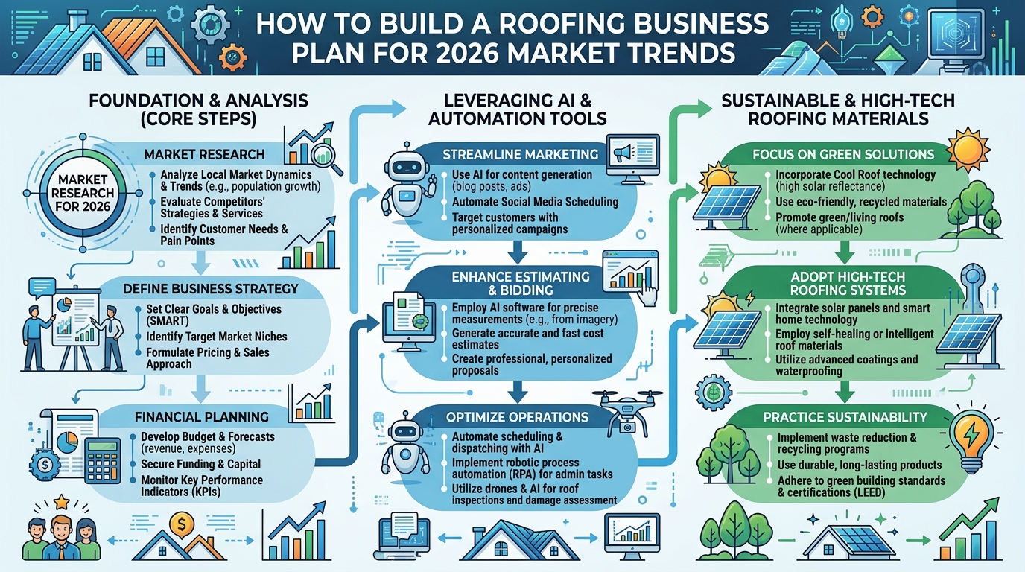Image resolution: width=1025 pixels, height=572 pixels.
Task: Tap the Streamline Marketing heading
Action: tap(520, 154)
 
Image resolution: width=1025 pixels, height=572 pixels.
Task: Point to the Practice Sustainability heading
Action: tap(845, 417)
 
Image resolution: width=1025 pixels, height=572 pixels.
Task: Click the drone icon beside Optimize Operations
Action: tap(626, 409)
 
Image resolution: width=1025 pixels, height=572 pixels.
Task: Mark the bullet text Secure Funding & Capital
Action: tap(200, 464)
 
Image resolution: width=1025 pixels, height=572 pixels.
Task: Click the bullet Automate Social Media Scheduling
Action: tap(535, 201)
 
